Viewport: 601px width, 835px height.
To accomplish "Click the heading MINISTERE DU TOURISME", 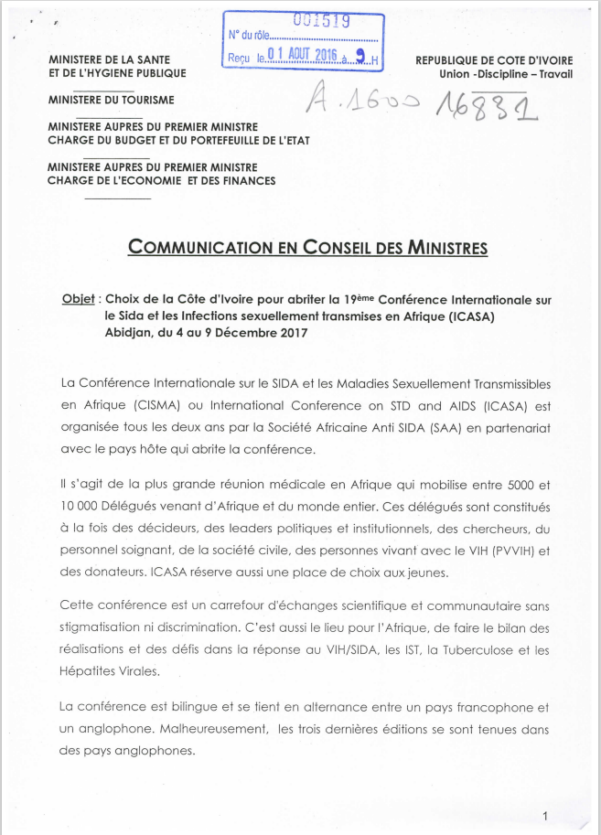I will click(x=111, y=100).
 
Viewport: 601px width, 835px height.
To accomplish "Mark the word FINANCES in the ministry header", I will click(x=247, y=181).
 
